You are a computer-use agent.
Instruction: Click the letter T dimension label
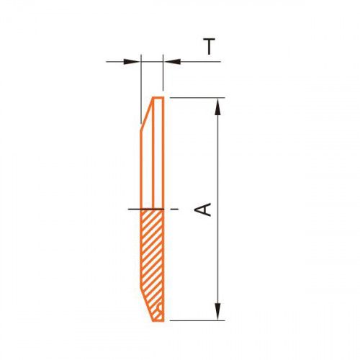tap(210, 47)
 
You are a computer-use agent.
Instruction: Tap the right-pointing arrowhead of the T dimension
tap(132, 62)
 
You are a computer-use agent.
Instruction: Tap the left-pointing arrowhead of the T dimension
tap(172, 62)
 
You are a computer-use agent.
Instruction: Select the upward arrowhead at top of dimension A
tap(217, 107)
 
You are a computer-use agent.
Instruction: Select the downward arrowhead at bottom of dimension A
tap(217, 311)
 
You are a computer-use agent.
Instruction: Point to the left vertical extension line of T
tap(141, 89)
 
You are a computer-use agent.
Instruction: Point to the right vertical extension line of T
tap(163, 73)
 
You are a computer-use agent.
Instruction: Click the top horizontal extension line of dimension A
tap(197, 98)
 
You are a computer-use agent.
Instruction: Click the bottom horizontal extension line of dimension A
tap(197, 320)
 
